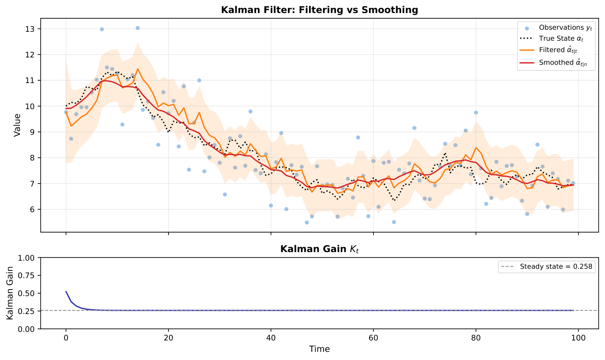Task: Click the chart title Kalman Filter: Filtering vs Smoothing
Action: point(319,10)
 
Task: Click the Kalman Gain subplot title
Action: point(319,249)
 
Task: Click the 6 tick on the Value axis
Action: point(33,209)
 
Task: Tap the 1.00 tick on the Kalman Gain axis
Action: point(28,258)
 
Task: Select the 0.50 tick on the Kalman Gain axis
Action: point(28,293)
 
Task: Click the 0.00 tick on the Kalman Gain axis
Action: point(28,329)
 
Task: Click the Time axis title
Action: point(319,349)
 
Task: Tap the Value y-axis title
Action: point(17,125)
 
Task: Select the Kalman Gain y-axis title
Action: point(10,293)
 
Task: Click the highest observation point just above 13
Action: point(138,28)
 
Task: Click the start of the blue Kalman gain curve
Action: point(66,292)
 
